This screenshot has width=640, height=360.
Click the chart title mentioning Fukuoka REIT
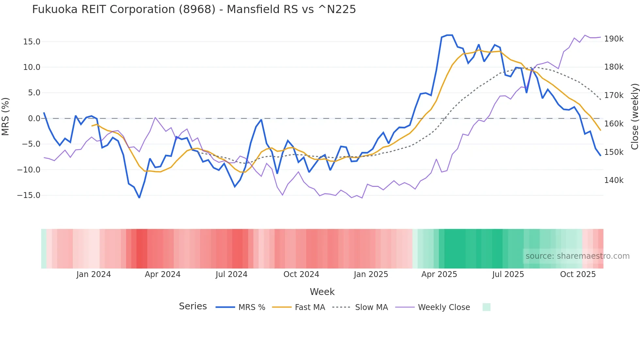point(194,9)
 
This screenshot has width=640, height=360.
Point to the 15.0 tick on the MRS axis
point(32,42)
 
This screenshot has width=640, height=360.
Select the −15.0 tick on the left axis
point(29,195)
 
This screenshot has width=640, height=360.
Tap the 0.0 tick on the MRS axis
point(34,119)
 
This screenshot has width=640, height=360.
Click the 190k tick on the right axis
point(614,39)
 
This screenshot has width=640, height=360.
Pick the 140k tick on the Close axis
point(614,180)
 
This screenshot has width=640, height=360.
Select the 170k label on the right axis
point(614,95)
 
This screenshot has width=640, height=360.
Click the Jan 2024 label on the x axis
point(94,274)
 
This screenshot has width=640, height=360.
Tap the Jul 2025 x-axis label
point(508,274)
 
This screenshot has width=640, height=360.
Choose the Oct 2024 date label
point(301,274)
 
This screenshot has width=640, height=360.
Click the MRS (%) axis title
point(6,117)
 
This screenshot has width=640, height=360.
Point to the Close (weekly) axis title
point(634,117)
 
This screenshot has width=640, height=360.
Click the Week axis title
point(322,292)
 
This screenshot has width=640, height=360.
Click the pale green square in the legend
point(486,307)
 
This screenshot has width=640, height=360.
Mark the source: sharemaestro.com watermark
point(577,256)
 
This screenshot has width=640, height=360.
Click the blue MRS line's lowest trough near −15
point(139,198)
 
